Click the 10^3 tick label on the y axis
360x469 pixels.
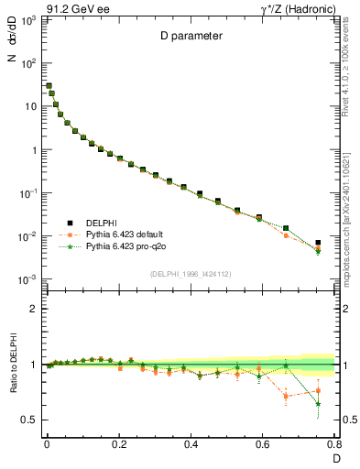(x=27, y=20)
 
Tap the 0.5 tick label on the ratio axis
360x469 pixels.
(x=28, y=420)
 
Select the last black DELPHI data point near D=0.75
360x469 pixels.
(x=318, y=243)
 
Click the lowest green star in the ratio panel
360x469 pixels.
(x=318, y=404)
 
